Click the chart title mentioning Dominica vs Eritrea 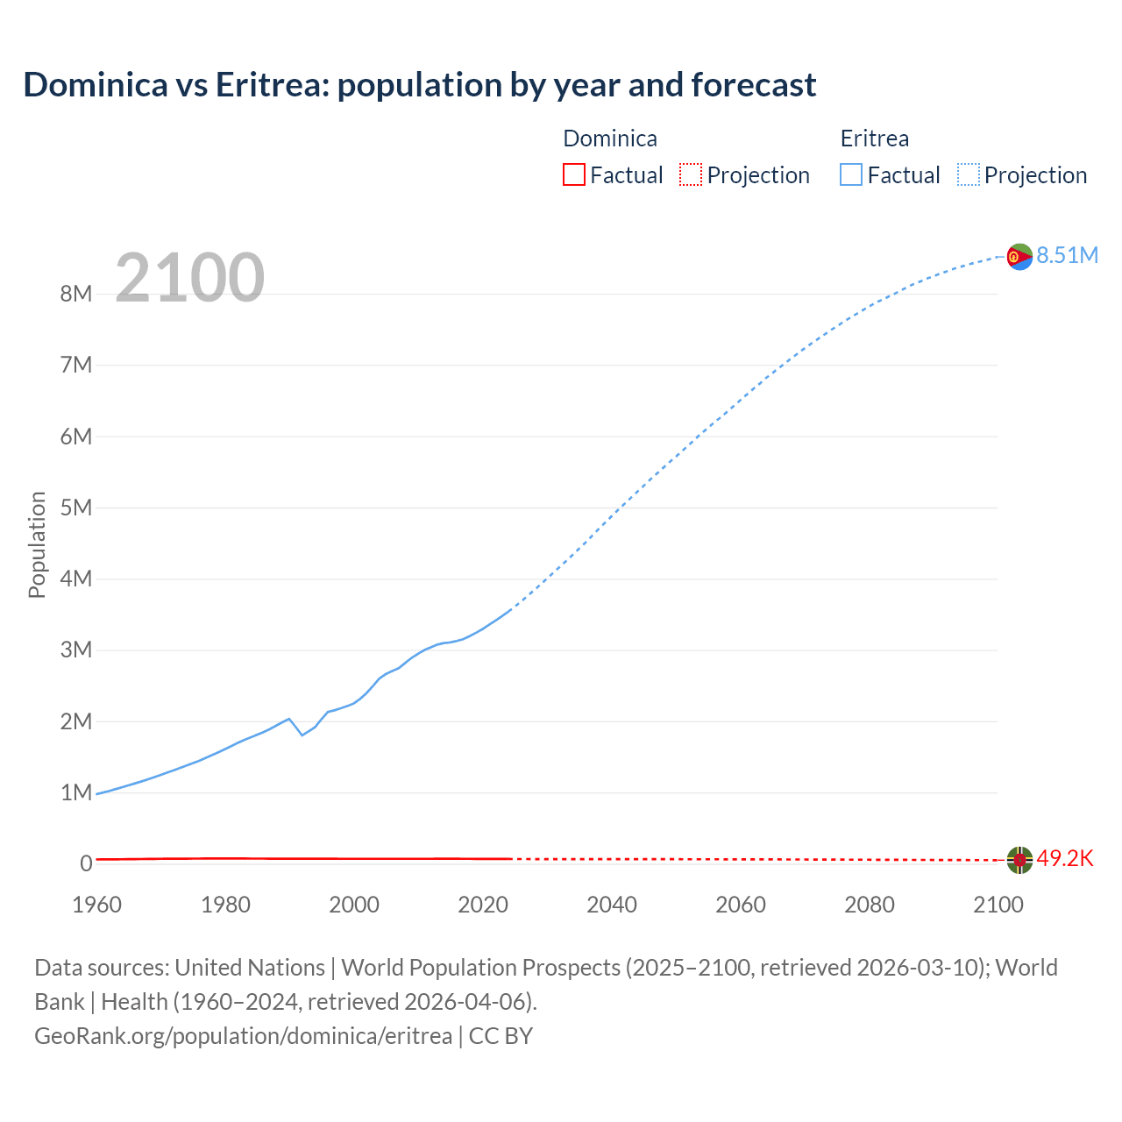pos(419,85)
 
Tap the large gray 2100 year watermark pos(189,277)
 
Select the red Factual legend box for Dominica pos(573,174)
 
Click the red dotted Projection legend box pos(691,174)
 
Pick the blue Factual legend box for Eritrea pos(851,174)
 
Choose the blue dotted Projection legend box pos(968,174)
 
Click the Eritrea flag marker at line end pos(1019,257)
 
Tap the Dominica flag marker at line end pos(1019,860)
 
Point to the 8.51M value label pos(1067,255)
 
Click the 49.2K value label pos(1065,858)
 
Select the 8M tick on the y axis pos(76,294)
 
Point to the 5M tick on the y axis pos(76,508)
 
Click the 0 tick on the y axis pos(86,863)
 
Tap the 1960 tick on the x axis pos(96,905)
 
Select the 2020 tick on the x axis pos(483,905)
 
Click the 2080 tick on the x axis pos(870,905)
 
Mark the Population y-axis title pos(37,544)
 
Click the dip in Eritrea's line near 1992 pos(302,735)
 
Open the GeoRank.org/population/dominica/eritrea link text pos(243,1035)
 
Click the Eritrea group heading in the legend pos(874,138)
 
